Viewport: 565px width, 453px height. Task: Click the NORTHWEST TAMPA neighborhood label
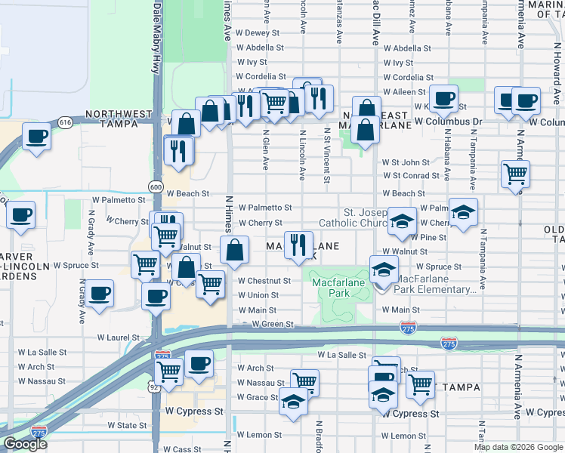coord(113,115)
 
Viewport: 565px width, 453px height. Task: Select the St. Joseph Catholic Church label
coord(366,217)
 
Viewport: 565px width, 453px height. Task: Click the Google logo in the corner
coord(25,444)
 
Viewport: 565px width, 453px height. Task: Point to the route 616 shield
coord(65,122)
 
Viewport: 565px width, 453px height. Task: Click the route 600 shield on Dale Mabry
coord(156,186)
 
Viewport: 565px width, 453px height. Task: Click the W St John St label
coord(406,162)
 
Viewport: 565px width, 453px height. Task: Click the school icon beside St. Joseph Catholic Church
coord(403,219)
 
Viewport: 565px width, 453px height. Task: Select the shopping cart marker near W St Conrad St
coord(516,173)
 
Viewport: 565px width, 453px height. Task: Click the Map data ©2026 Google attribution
coord(518,447)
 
